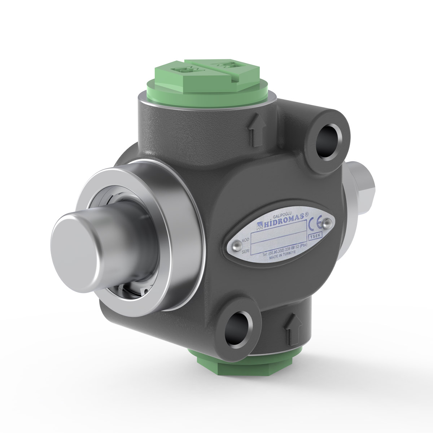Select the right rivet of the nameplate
(327, 223)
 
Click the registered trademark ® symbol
(307, 214)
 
